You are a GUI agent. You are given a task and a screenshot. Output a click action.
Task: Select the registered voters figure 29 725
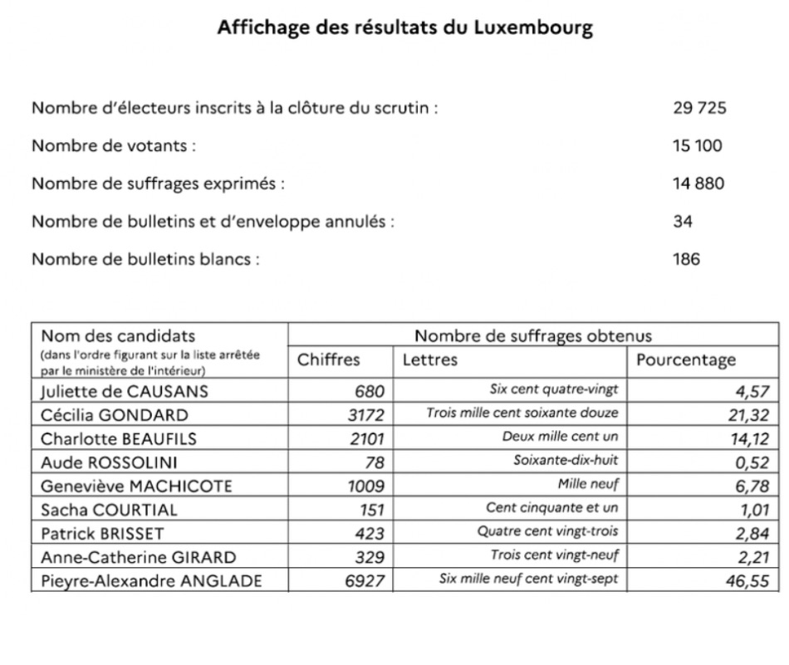699,109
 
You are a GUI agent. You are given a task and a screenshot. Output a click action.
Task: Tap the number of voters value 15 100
697,146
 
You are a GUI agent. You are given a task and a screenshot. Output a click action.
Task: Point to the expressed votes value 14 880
698,183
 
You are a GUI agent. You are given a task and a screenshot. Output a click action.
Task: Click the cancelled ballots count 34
683,222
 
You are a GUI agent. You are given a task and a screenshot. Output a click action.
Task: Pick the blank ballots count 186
686,259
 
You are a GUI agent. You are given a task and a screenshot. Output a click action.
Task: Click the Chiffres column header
329,360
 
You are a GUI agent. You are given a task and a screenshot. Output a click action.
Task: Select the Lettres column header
429,360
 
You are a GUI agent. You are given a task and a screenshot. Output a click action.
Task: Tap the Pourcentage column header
686,360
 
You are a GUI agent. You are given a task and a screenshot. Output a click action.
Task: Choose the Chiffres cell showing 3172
366,414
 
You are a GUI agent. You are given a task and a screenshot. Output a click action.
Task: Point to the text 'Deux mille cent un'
561,438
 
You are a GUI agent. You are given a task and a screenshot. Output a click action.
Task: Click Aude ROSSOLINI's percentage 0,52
750,462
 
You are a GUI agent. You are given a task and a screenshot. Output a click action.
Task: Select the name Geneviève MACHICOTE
136,486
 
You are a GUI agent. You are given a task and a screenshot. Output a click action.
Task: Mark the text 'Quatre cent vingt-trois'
547,532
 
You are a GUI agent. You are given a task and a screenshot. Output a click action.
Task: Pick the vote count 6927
365,580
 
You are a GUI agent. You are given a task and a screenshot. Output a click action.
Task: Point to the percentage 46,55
746,581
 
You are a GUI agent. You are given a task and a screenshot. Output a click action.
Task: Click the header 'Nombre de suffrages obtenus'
532,336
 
